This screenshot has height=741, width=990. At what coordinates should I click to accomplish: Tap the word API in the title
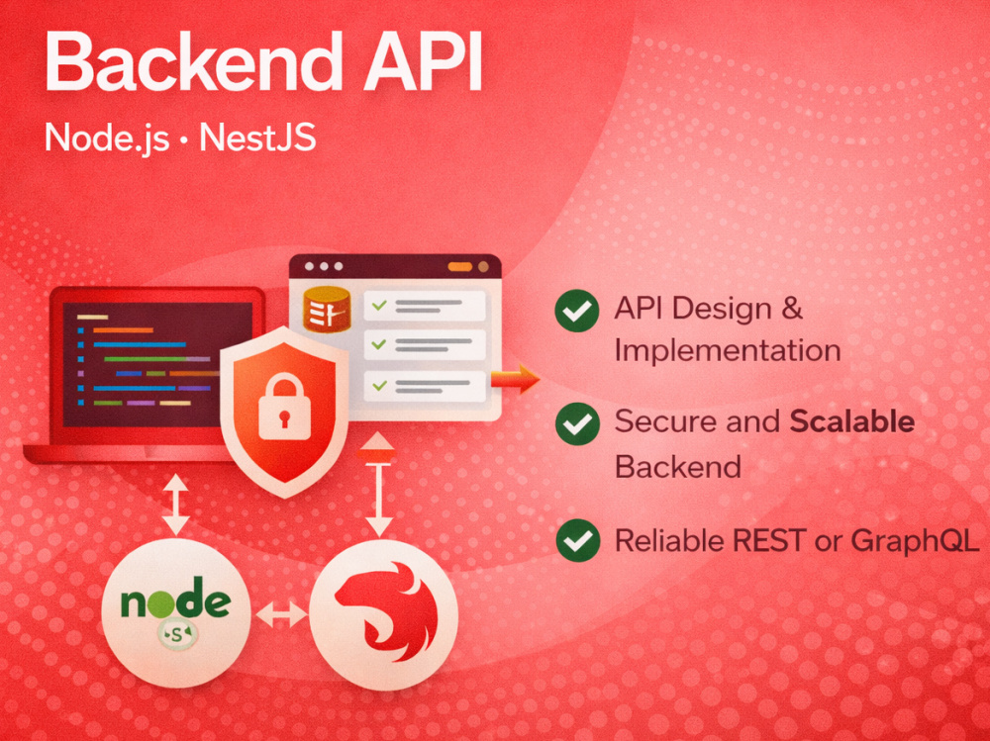(423, 62)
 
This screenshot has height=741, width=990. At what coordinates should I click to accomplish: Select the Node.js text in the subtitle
(107, 137)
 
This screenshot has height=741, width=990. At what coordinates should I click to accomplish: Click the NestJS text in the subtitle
(257, 137)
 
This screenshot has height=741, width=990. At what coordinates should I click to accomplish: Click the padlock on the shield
(285, 406)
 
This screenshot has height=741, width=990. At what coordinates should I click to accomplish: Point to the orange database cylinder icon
(327, 309)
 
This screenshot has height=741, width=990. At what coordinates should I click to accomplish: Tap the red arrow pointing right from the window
(515, 379)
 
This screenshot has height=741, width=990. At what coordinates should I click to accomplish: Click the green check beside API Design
(577, 311)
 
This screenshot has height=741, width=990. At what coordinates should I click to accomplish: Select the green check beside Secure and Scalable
(577, 423)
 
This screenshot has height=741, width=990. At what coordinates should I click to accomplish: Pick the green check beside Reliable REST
(578, 540)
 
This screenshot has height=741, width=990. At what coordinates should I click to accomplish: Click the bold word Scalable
(852, 421)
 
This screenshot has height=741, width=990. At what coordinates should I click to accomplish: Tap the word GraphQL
(914, 541)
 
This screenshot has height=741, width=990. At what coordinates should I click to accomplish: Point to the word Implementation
(728, 351)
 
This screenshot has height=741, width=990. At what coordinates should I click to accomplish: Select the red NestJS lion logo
(385, 612)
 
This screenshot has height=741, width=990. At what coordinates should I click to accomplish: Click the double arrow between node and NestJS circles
(281, 614)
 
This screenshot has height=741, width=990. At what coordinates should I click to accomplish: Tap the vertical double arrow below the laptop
(175, 505)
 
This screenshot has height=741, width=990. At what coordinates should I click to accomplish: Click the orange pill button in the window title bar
(459, 267)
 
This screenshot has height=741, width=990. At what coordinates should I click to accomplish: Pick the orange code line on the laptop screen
(123, 330)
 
